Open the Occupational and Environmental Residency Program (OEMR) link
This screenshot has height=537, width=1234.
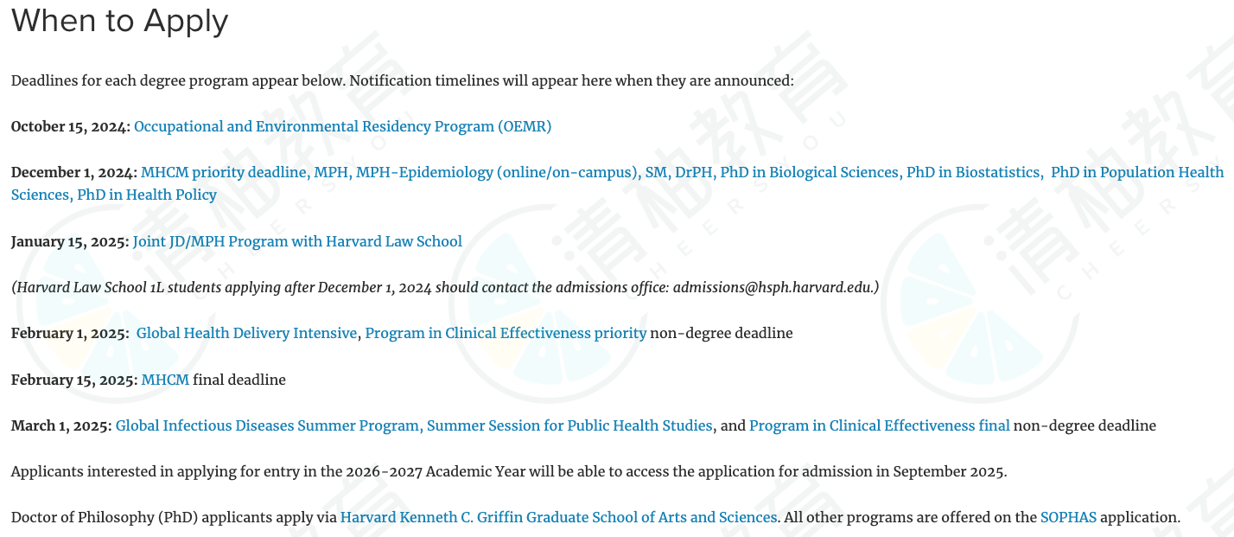click(x=343, y=127)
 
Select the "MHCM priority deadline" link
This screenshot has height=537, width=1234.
click(x=224, y=173)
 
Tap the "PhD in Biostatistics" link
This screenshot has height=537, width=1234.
click(x=973, y=173)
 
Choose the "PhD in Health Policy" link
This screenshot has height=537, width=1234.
click(x=147, y=195)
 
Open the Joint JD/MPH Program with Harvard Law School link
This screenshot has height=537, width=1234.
click(x=297, y=241)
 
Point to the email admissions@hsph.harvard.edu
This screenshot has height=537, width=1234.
click(x=773, y=288)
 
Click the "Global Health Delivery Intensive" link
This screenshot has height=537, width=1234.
click(x=247, y=334)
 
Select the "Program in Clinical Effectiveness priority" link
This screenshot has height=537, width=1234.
click(x=506, y=334)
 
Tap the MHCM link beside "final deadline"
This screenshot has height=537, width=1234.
click(x=165, y=380)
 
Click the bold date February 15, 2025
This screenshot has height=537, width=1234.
click(x=74, y=380)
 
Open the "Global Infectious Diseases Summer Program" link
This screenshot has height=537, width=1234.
click(x=267, y=425)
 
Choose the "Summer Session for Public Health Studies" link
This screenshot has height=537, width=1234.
click(x=569, y=425)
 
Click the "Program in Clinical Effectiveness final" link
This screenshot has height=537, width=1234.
click(x=879, y=425)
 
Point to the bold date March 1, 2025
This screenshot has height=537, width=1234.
click(x=61, y=425)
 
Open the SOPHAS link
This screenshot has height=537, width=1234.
click(x=1068, y=518)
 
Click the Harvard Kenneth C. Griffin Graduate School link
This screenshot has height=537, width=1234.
click(x=558, y=518)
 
